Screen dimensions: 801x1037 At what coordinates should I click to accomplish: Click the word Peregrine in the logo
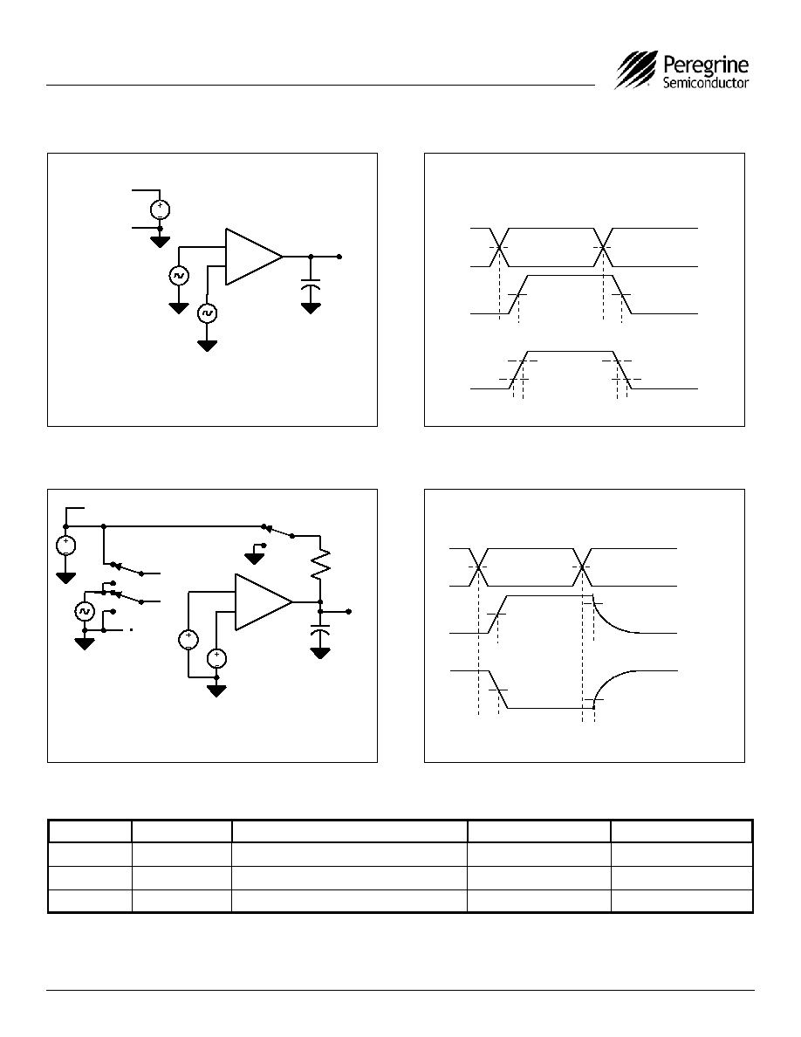pos(705,65)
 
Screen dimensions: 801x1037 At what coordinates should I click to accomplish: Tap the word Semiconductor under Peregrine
pos(706,83)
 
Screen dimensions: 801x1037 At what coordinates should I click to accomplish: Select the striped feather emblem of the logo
pos(637,70)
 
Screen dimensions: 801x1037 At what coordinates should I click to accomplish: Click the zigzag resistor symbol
pos(320,564)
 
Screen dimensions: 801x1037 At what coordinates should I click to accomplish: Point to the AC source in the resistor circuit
pos(85,612)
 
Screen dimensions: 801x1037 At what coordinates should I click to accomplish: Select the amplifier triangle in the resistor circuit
pos(264,601)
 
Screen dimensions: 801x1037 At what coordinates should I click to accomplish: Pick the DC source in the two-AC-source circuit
pos(160,209)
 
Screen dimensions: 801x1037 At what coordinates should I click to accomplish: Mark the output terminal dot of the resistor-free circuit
pos(339,257)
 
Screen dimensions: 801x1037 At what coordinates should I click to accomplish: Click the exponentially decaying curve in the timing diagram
pos(617,619)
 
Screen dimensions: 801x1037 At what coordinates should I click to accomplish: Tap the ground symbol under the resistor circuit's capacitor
pos(320,654)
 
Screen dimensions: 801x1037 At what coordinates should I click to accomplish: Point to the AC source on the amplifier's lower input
pos(208,312)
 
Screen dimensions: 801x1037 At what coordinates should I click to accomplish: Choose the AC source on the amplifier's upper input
pos(179,275)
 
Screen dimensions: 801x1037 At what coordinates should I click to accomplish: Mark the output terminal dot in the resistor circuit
pos(349,612)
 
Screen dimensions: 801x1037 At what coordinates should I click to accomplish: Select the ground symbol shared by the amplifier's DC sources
pos(216,691)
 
